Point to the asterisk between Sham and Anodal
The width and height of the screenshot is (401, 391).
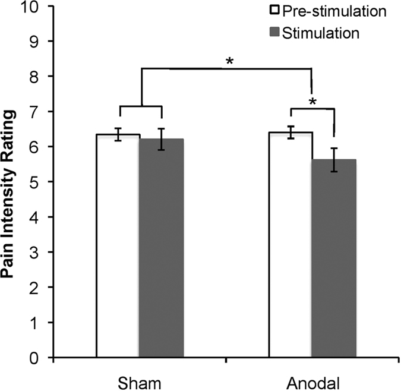click(228, 61)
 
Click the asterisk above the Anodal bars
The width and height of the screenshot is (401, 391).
click(313, 102)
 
